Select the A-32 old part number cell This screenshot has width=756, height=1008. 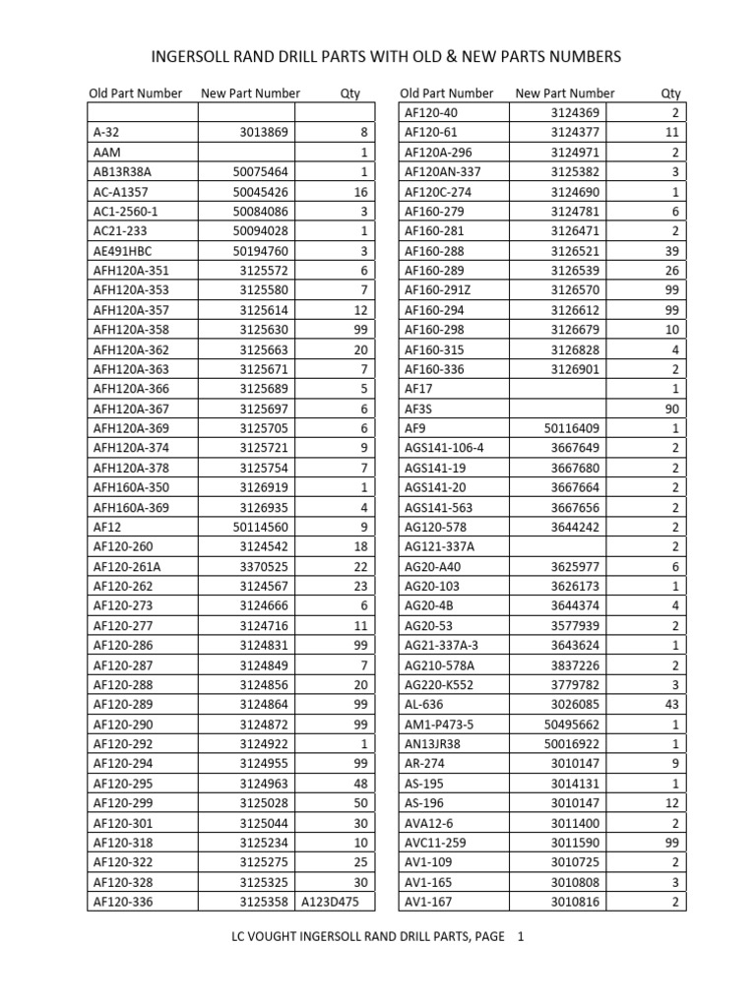pyautogui.click(x=106, y=133)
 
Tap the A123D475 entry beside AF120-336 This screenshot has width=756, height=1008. pyautogui.click(x=330, y=901)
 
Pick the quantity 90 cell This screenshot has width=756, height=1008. pyautogui.click(x=671, y=409)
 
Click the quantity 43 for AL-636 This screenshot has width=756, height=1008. pyautogui.click(x=671, y=704)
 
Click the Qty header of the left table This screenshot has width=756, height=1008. pyautogui.click(x=349, y=94)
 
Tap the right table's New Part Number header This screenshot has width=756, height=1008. pyautogui.click(x=564, y=94)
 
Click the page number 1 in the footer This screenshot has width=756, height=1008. pyautogui.click(x=521, y=937)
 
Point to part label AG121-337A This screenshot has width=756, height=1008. pyautogui.click(x=440, y=546)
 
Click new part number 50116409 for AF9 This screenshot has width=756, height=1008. pyautogui.click(x=572, y=428)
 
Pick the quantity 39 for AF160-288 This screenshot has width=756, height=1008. pyautogui.click(x=671, y=251)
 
